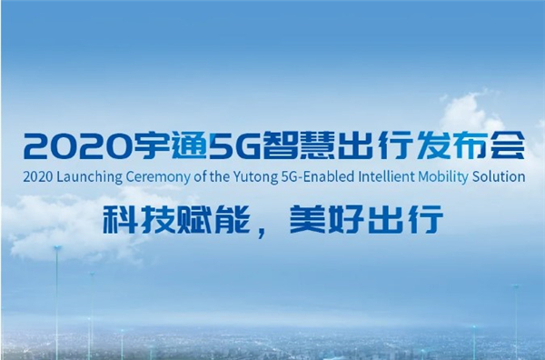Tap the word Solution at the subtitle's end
[x=500, y=176]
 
